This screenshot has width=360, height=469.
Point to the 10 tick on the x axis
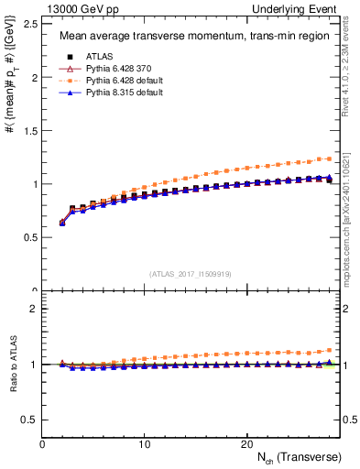pyautogui.click(x=144, y=444)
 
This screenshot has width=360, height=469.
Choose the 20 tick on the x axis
pyautogui.click(x=245, y=444)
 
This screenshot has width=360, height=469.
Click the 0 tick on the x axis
pyautogui.click(x=42, y=444)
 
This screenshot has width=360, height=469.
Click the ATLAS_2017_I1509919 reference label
pyautogui.click(x=190, y=274)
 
